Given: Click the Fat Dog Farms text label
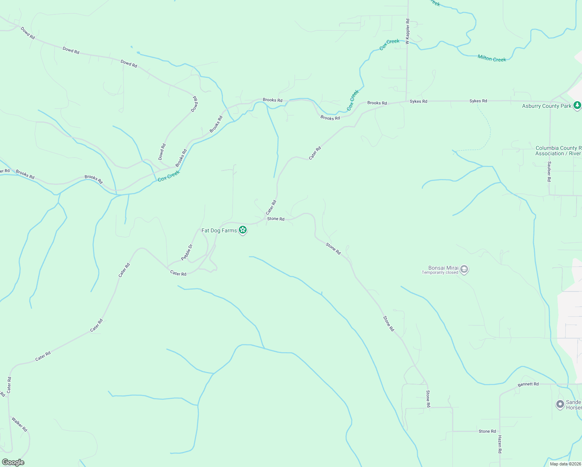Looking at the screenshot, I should tap(219, 231).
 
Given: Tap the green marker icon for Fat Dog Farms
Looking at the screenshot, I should tap(243, 230).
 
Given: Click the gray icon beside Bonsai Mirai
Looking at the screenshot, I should tap(464, 269).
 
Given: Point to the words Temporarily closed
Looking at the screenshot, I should tap(440, 273).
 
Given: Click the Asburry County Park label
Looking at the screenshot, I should tap(547, 106).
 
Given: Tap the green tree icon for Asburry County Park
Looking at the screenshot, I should tap(577, 105).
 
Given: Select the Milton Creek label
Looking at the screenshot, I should tap(492, 59).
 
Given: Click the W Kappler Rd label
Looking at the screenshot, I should tap(407, 31).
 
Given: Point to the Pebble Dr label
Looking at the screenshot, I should tap(187, 252).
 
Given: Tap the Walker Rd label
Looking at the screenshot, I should tap(19, 424).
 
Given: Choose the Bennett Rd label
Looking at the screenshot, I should tap(528, 384).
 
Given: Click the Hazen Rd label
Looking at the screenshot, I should tap(500, 444).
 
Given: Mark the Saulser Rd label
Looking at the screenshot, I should tap(549, 172).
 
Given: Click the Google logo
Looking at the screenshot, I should tap(13, 462).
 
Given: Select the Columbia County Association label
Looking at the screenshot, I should tap(558, 151).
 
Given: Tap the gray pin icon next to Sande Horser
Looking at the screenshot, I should tap(560, 405).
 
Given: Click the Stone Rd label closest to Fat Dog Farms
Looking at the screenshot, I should tap(275, 219).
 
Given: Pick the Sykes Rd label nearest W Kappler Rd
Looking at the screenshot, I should tap(418, 102).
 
